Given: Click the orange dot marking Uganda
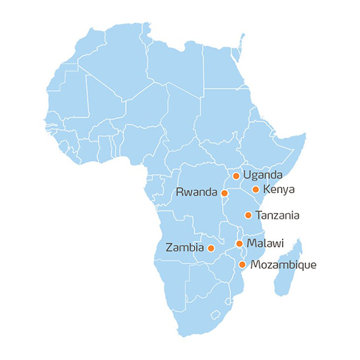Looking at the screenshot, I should point(236,176).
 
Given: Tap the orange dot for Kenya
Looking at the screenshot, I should point(256,190).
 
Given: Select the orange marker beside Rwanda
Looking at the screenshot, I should point(224,193).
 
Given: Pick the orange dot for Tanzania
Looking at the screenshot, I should point(248,215).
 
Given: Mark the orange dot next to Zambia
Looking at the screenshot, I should point(211,248).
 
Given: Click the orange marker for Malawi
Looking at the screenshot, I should point(239,244).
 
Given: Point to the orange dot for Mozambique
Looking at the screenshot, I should point(242,265).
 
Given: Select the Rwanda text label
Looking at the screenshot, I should point(196,193).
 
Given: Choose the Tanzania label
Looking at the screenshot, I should point(277,215).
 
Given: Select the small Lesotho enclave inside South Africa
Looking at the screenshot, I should point(215,314).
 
